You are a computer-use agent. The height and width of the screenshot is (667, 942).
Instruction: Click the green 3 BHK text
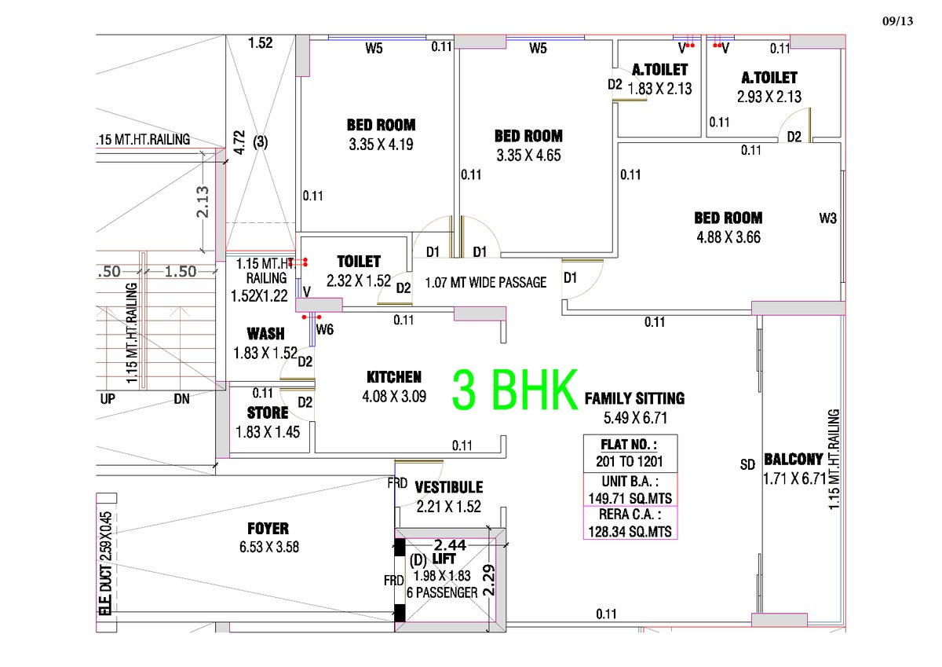coord(515,390)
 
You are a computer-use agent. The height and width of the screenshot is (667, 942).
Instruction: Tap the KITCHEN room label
coord(394,377)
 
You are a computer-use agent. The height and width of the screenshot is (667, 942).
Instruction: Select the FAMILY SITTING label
coord(634,398)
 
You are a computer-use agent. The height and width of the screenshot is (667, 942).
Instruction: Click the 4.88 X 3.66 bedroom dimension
coord(728,237)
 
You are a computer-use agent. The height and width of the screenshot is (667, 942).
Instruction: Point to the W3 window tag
coord(827,218)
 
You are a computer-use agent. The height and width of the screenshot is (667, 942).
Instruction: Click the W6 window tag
coord(325,329)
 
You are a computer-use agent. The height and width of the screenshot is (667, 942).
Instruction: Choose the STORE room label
coord(268,412)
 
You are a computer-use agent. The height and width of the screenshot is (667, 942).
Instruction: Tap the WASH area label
coord(266,334)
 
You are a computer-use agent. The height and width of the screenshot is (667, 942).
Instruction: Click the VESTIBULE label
coord(449,487)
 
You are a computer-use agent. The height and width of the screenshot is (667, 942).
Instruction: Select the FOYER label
coord(268,529)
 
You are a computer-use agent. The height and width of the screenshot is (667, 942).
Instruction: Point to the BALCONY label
coord(793,459)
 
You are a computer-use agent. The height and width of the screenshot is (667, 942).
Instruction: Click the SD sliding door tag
coord(747,464)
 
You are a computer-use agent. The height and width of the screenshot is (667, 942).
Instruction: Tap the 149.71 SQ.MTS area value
coord(630,498)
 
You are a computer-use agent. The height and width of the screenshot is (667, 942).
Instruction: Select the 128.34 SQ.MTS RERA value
coord(630,532)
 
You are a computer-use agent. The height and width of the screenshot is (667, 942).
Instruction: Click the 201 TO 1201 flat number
coord(629,462)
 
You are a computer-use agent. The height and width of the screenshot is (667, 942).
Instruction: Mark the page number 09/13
coord(897,21)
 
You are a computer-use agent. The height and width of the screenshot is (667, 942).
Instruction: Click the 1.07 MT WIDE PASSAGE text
coord(486,282)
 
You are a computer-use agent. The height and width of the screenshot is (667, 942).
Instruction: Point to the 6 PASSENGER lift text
coord(442,592)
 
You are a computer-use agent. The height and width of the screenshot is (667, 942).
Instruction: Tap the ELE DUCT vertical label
coord(106,589)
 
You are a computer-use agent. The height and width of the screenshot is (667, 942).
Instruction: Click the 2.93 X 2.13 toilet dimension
coord(769,97)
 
